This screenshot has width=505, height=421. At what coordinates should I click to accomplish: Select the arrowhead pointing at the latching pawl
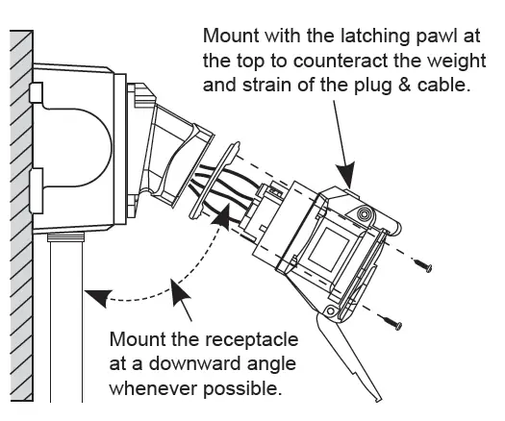click(x=349, y=177)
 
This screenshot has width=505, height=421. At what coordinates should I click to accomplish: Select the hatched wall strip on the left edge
click(x=19, y=211)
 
